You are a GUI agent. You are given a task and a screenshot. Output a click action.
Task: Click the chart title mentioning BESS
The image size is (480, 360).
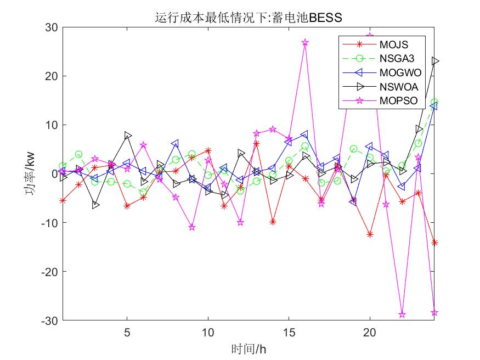[249, 18]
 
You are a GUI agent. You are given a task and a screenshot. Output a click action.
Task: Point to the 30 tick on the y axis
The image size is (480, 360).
[53, 27]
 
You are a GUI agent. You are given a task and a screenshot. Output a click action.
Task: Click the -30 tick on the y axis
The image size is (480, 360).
[51, 320]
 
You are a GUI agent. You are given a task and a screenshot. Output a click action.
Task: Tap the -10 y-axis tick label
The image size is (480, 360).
[51, 223]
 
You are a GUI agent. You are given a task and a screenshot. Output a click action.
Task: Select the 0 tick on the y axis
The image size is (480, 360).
[55, 174]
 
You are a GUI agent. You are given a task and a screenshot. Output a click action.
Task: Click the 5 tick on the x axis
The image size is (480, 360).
[127, 333]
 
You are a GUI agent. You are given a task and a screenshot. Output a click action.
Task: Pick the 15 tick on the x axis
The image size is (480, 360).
[289, 333]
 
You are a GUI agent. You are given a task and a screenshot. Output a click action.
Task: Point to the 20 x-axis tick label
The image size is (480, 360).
[370, 333]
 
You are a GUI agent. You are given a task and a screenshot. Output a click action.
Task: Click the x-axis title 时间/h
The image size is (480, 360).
[249, 348]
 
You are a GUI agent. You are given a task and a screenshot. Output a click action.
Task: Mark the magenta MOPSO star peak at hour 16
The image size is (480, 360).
[305, 42]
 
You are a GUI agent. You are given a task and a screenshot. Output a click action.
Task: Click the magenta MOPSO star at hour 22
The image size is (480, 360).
[402, 314]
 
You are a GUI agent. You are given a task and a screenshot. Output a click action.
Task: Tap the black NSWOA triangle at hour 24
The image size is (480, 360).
[435, 61]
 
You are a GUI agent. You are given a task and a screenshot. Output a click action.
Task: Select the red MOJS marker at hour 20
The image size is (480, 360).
[370, 234]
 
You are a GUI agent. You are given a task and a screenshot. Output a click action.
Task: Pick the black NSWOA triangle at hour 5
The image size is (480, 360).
[128, 136]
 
